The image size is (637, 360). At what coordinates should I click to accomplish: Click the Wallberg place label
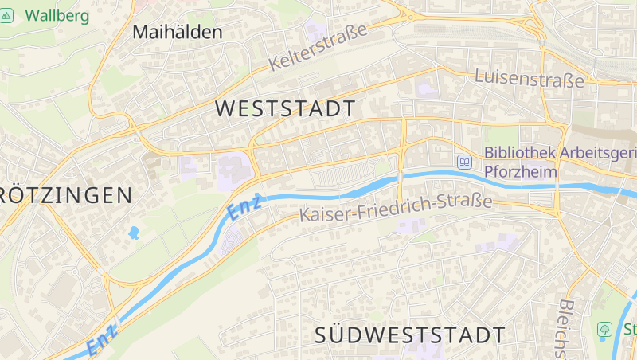(x=57, y=14)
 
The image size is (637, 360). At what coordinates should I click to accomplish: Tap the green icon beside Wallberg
(x=7, y=14)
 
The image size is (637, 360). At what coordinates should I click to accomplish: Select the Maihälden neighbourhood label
(x=177, y=33)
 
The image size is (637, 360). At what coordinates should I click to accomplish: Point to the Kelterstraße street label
(x=318, y=47)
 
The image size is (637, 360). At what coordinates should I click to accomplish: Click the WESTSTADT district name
(x=286, y=109)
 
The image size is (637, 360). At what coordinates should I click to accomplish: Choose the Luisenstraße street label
(x=529, y=78)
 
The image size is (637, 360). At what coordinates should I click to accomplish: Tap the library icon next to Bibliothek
(x=464, y=162)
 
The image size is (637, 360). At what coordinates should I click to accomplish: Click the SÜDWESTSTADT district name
(x=410, y=335)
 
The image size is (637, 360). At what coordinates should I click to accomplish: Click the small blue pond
(x=134, y=233)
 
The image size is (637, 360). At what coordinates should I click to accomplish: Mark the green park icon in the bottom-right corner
(x=604, y=328)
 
